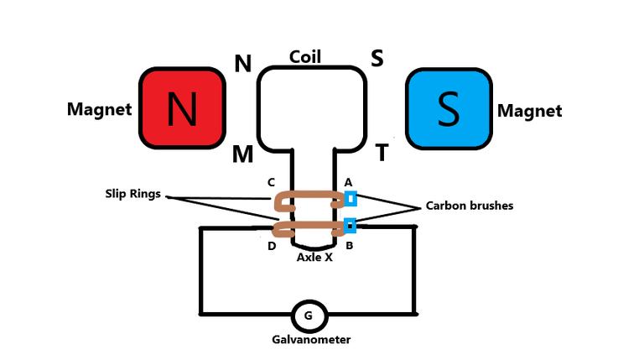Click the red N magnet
pyautogui.click(x=182, y=109)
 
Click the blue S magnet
pyautogui.click(x=449, y=109)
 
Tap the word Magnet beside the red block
pyautogui.click(x=99, y=110)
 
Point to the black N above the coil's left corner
pyautogui.click(x=243, y=64)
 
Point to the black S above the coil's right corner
pyautogui.click(x=377, y=58)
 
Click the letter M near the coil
pyautogui.click(x=243, y=154)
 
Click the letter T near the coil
pyautogui.click(x=382, y=153)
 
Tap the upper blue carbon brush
pyautogui.click(x=351, y=199)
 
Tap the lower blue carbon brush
pyautogui.click(x=350, y=225)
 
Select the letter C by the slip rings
pyautogui.click(x=271, y=182)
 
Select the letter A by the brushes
pyautogui.click(x=348, y=182)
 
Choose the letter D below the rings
pyautogui.click(x=272, y=246)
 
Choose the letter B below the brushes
pyautogui.click(x=349, y=246)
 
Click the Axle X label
pyautogui.click(x=314, y=258)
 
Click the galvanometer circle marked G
pyautogui.click(x=309, y=316)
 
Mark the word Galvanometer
pyautogui.click(x=309, y=340)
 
